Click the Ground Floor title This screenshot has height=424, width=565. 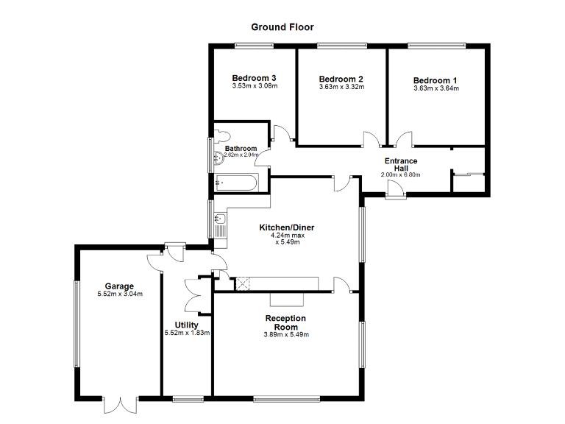pos(282,27)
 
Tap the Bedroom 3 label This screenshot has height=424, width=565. pos(254,78)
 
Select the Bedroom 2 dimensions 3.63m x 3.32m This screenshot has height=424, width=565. pos(341,88)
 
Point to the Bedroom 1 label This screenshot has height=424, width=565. pos(435,80)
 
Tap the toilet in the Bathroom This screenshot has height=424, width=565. pos(221,135)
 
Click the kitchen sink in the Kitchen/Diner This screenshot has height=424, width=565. pos(220,219)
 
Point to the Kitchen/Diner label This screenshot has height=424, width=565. pos(286,227)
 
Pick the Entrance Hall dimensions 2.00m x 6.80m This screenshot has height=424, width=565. pos(401,175)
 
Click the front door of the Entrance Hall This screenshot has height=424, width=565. pos(396,192)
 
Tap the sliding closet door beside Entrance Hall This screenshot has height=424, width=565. pos(469,174)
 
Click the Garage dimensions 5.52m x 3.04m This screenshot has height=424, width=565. pos(119,294)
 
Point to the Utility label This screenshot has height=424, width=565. pos(186,325)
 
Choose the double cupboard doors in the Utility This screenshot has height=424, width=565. pos(193,294)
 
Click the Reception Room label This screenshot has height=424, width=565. pos(286,322)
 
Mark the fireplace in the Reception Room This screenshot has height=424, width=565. pos(287,297)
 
